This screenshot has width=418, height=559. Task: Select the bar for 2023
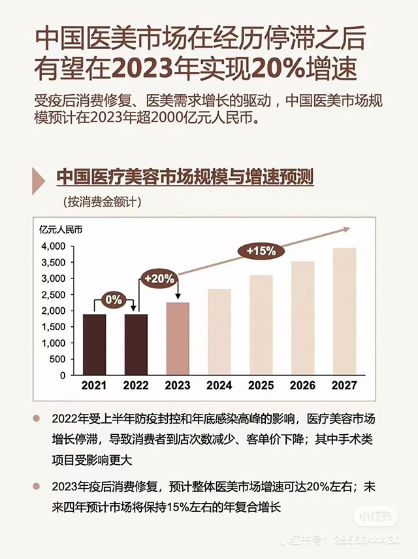coord(178,339)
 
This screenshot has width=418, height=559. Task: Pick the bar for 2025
coord(261,325)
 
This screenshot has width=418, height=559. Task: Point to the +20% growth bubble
coord(159,278)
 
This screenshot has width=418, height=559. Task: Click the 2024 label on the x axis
coord(219,386)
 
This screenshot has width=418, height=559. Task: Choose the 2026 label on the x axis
coord(302,386)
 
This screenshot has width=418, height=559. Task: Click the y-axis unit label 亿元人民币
coord(62,229)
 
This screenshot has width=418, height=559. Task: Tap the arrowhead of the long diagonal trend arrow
coord(346,228)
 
